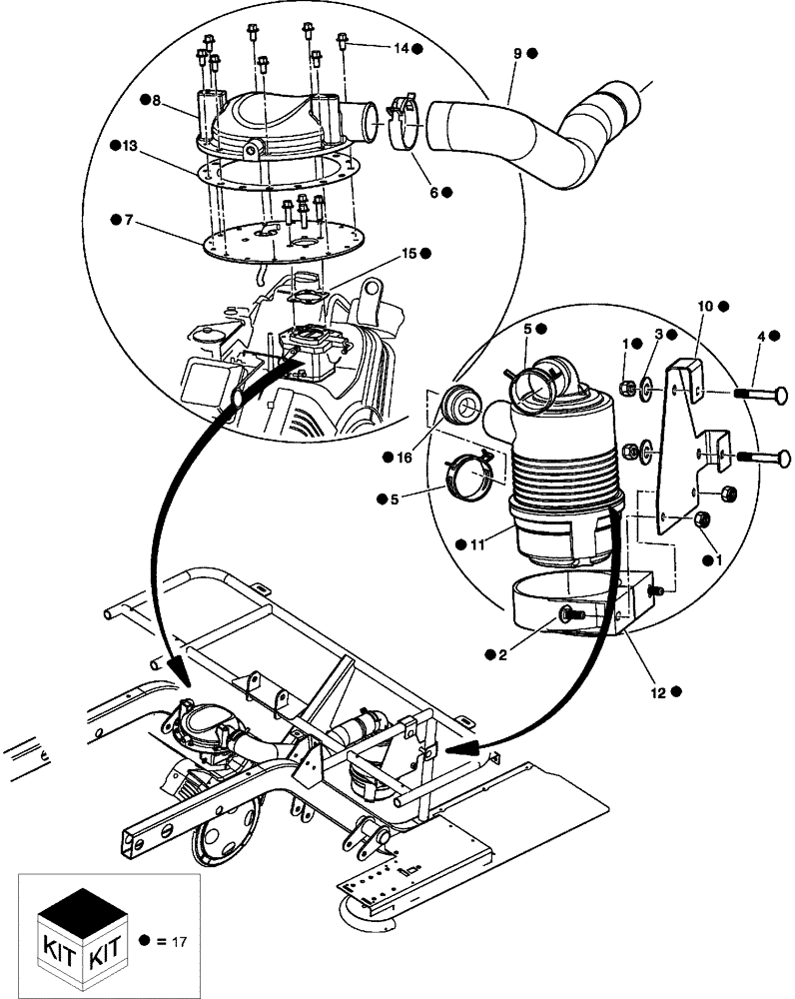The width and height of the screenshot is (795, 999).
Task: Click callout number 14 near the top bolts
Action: pos(399,48)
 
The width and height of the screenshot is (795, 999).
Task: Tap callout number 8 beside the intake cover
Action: pos(156,100)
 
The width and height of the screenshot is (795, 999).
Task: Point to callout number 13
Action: pos(129,147)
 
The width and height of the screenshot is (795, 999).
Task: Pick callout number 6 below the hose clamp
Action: pos(433,192)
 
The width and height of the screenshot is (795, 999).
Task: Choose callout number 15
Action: pos(408,254)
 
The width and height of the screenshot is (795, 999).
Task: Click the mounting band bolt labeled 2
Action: pos(572,616)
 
